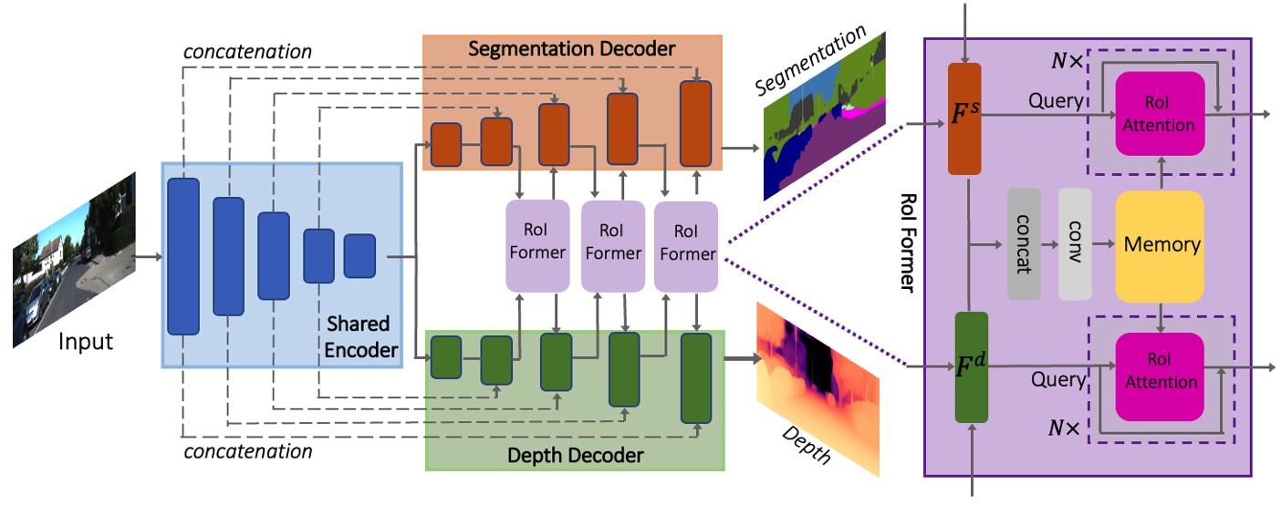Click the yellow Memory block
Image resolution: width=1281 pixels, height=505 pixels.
(x=1160, y=246)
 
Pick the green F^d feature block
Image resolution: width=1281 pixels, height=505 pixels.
(x=971, y=367)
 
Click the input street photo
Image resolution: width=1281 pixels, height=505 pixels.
(x=74, y=259)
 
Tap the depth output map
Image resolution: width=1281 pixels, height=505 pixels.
(x=817, y=387)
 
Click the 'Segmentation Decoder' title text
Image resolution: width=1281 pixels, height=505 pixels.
(x=572, y=49)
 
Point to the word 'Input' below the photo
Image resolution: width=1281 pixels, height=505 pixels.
(x=85, y=342)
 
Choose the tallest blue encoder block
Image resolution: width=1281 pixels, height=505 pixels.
(x=182, y=256)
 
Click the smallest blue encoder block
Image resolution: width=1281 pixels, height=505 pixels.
(x=359, y=255)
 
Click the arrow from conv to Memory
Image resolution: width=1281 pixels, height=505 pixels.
(x=1103, y=245)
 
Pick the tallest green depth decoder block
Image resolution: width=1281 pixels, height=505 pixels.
(x=695, y=377)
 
